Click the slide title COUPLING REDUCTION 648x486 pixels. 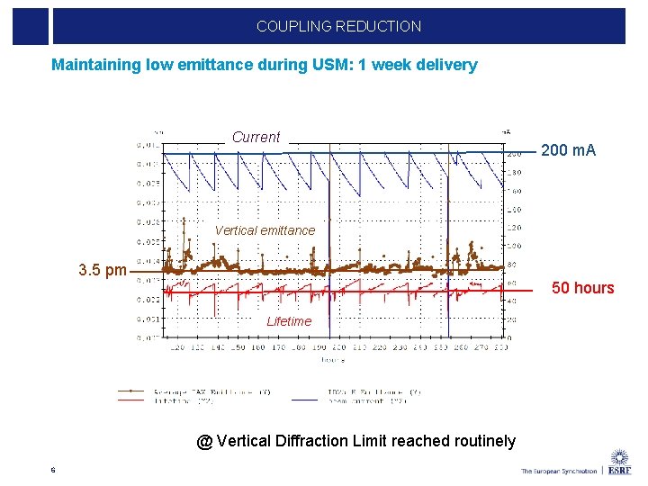click(x=338, y=26)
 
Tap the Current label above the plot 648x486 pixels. click(x=256, y=137)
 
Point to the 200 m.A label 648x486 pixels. click(x=568, y=150)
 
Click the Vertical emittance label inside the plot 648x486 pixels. click(x=265, y=230)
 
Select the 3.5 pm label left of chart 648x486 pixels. click(x=103, y=270)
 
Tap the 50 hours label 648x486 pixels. click(x=582, y=288)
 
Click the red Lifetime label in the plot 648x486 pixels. click(x=289, y=321)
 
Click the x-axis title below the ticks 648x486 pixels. click(x=334, y=360)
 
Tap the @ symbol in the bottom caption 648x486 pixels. click(x=204, y=441)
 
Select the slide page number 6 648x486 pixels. click(x=53, y=469)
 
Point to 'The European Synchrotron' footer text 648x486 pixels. click(x=558, y=471)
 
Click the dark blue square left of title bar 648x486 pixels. click(x=31, y=26)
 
